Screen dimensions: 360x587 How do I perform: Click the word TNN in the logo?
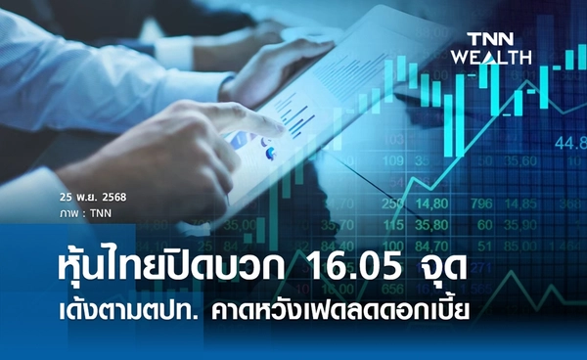point(491,38)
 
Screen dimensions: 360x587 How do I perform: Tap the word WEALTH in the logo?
point(491,57)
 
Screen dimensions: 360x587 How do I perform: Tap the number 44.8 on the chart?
point(568,144)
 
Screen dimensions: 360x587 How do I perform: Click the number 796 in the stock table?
point(480,203)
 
